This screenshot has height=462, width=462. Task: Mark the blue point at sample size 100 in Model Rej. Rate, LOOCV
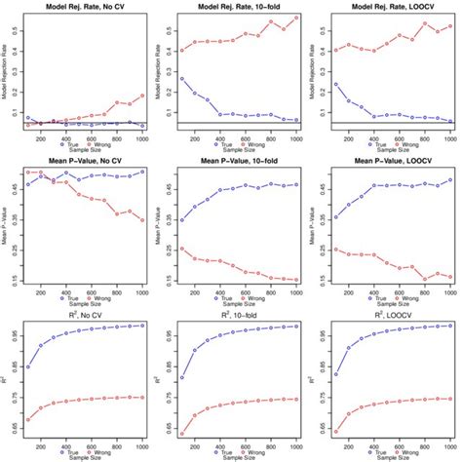336,84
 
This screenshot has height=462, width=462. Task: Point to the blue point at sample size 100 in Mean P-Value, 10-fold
181,220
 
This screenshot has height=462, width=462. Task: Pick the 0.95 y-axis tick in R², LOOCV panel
323,336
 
